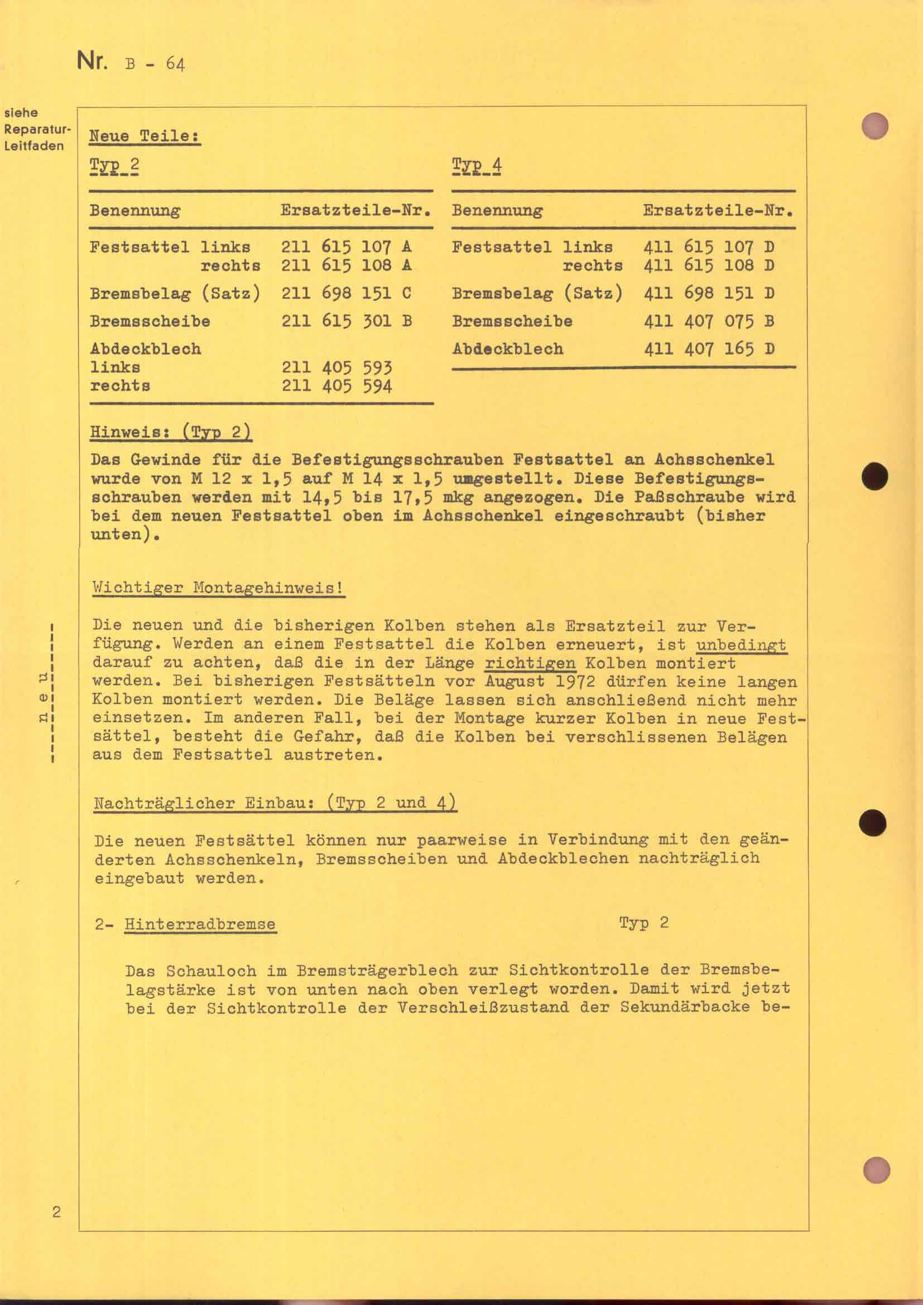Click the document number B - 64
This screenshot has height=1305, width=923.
coord(155,63)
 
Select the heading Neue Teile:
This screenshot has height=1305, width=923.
coord(145,136)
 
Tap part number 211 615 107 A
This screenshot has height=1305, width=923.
coord(346,247)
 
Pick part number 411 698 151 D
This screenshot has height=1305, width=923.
coord(708,293)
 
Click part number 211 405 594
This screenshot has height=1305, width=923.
coord(336,387)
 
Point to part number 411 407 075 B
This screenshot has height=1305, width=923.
coord(708,321)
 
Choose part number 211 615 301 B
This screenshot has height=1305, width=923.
coord(346,321)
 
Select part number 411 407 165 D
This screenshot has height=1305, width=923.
coord(708,348)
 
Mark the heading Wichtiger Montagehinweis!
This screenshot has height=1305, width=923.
coord(218,587)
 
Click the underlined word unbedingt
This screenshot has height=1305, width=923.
coord(741,644)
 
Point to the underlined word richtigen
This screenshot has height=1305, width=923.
coord(530,663)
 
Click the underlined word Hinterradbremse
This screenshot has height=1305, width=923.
coord(200,924)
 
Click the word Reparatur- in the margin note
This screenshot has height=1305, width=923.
coord(37,129)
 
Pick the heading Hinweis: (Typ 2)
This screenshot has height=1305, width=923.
coord(171,432)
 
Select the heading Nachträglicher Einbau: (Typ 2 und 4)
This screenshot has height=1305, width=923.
coord(275,803)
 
